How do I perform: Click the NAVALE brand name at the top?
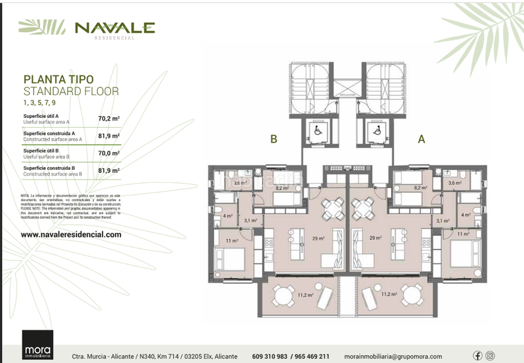[x=115, y=28]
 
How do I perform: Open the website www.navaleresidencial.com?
[x=71, y=234]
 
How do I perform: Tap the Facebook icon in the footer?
[x=477, y=356]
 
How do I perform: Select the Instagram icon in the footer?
[x=490, y=356]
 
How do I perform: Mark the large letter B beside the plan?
[x=274, y=139]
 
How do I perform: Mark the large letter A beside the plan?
[x=421, y=139]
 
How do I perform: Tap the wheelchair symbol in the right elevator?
[x=377, y=130]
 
